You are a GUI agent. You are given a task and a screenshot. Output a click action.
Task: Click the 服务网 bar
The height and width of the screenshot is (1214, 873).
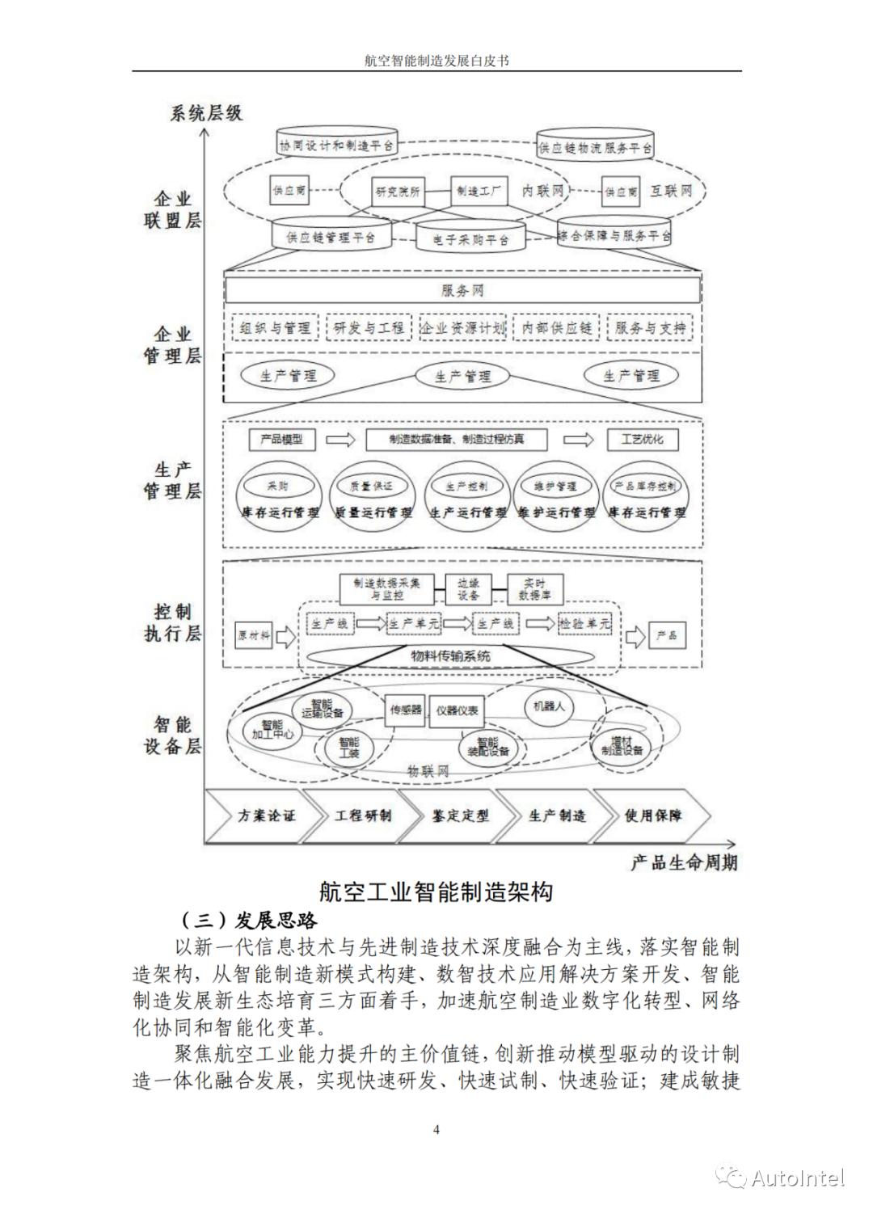pyautogui.click(x=462, y=290)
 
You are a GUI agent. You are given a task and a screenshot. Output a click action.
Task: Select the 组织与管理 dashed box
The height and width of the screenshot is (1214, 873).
pyautogui.click(x=275, y=327)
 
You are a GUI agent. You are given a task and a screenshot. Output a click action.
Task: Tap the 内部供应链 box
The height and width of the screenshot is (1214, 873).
pyautogui.click(x=556, y=327)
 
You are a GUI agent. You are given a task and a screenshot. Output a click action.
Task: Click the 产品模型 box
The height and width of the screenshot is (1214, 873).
pyautogui.click(x=280, y=439)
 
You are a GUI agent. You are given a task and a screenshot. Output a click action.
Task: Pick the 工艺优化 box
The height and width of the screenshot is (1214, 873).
pyautogui.click(x=642, y=439)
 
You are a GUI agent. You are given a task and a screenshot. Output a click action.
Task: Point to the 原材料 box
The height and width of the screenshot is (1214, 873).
pyautogui.click(x=253, y=635)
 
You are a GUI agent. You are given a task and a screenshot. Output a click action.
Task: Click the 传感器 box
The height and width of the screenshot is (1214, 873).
pyautogui.click(x=406, y=710)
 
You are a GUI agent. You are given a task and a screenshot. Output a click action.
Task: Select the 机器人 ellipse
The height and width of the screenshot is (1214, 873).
pyautogui.click(x=548, y=706)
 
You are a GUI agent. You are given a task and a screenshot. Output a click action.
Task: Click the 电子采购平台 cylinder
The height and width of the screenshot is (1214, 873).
pyautogui.click(x=470, y=238)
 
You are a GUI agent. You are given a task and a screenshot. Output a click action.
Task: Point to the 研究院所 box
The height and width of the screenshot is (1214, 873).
pyautogui.click(x=398, y=192)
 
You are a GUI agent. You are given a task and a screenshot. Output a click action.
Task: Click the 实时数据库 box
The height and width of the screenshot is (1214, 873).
pyautogui.click(x=534, y=589)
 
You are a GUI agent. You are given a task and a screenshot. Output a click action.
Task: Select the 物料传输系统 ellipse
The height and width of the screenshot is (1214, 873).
pyautogui.click(x=450, y=655)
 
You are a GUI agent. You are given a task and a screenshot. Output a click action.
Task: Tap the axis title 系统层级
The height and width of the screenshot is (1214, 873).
pyautogui.click(x=206, y=113)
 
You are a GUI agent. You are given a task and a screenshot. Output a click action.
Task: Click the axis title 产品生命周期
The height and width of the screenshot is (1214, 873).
pyautogui.click(x=684, y=862)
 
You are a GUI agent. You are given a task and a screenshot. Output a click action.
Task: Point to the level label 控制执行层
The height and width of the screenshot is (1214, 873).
pyautogui.click(x=172, y=622)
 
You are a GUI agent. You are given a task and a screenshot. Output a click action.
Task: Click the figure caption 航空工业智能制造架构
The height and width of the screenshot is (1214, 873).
pyautogui.click(x=436, y=892)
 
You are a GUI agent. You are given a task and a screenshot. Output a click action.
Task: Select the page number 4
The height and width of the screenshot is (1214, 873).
pyautogui.click(x=436, y=1130)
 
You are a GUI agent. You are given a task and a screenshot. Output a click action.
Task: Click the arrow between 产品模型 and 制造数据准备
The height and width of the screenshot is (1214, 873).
pyautogui.click(x=340, y=440)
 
